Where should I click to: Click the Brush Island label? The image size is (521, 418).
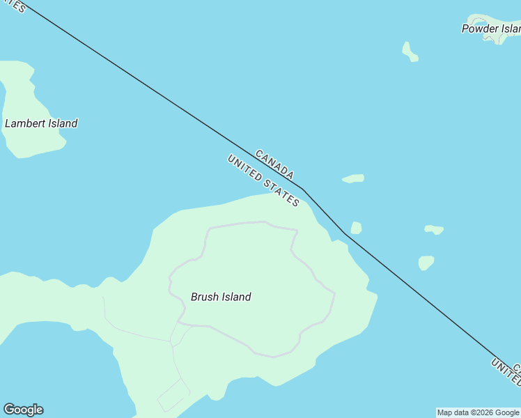pyautogui.click(x=221, y=297)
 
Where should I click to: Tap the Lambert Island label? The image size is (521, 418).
pyautogui.click(x=41, y=123)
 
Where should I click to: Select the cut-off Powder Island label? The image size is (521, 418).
pyautogui.click(x=491, y=29)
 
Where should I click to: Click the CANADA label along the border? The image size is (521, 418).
pyautogui.click(x=274, y=164)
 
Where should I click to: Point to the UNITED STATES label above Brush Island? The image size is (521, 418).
pyautogui.click(x=263, y=180)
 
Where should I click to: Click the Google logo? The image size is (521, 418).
pyautogui.click(x=23, y=410)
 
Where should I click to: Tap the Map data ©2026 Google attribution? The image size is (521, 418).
pyautogui.click(x=478, y=412)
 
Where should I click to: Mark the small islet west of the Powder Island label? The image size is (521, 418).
pyautogui.click(x=410, y=52)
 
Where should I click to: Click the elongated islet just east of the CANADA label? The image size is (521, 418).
pyautogui.click(x=353, y=179)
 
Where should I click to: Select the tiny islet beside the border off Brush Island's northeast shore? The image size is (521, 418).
pyautogui.click(x=356, y=228)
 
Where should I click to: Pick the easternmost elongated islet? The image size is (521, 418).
pyautogui.click(x=434, y=229)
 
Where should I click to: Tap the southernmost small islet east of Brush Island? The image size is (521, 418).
pyautogui.click(x=426, y=263)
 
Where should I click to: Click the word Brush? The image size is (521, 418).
pyautogui.click(x=205, y=297)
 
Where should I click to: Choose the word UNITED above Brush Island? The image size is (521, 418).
pyautogui.click(x=244, y=169)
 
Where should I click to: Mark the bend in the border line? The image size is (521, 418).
pyautogui.click(x=303, y=189)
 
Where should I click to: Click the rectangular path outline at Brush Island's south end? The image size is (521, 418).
pyautogui.click(x=173, y=395)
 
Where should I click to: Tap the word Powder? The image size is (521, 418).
pyautogui.click(x=480, y=29)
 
